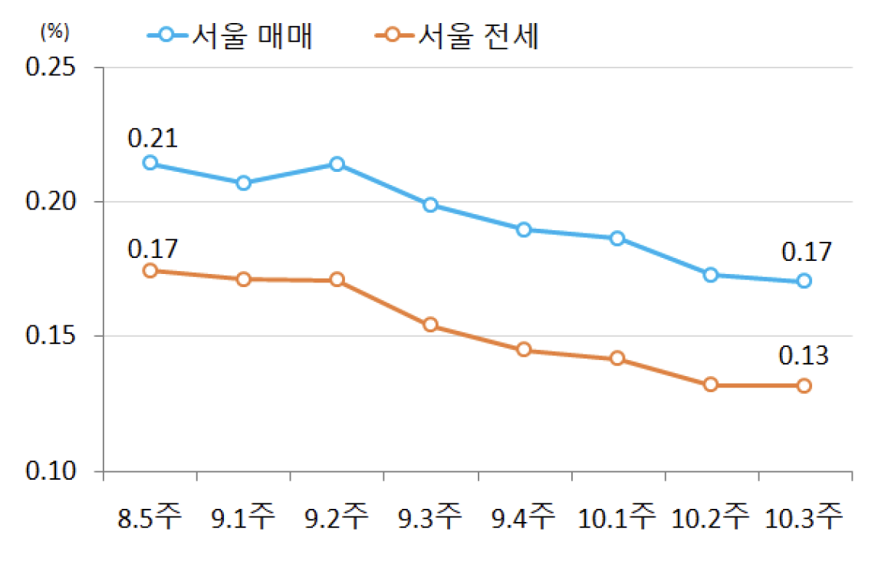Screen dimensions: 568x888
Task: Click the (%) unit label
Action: point(54,31)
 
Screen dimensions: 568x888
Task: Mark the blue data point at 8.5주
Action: point(150,163)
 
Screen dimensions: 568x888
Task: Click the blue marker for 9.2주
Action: point(337,163)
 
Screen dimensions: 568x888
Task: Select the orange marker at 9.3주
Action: point(430,325)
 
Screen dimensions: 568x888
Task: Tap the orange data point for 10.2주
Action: point(711,385)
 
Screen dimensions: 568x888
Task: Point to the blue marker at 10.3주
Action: point(804,281)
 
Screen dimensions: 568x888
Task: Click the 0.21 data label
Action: point(153,138)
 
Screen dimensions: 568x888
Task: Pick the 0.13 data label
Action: point(804,355)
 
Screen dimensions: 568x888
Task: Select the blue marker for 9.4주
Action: point(524,230)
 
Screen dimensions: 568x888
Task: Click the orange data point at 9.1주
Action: point(243,279)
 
